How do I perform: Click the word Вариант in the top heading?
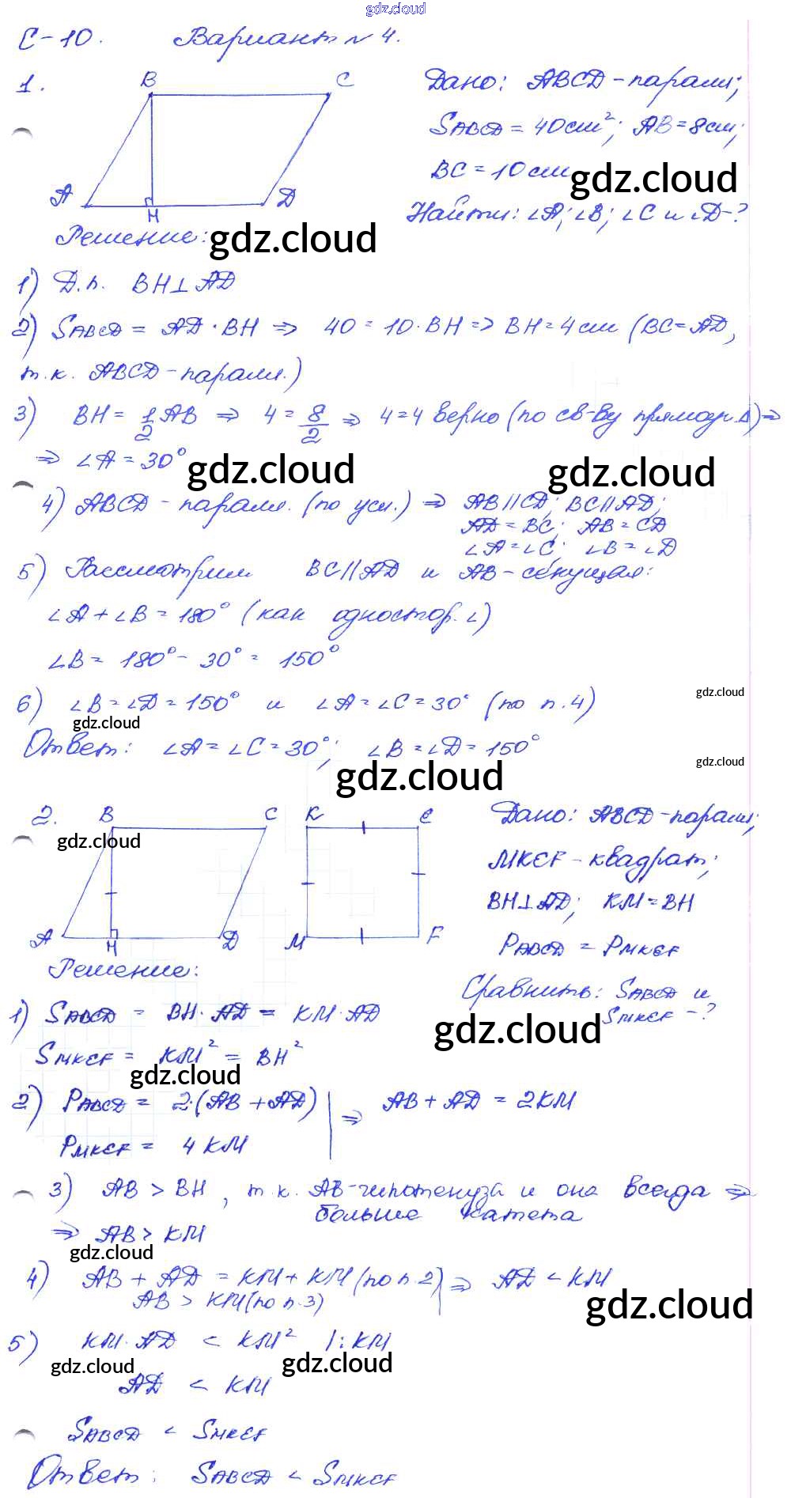click(x=261, y=38)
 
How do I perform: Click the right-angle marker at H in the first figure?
click(x=149, y=201)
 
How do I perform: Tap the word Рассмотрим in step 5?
click(x=158, y=571)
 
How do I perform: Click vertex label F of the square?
click(x=433, y=936)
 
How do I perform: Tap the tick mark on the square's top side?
click(x=363, y=828)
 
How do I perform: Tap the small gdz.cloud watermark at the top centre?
click(x=395, y=9)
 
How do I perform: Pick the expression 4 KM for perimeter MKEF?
click(x=214, y=1144)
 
